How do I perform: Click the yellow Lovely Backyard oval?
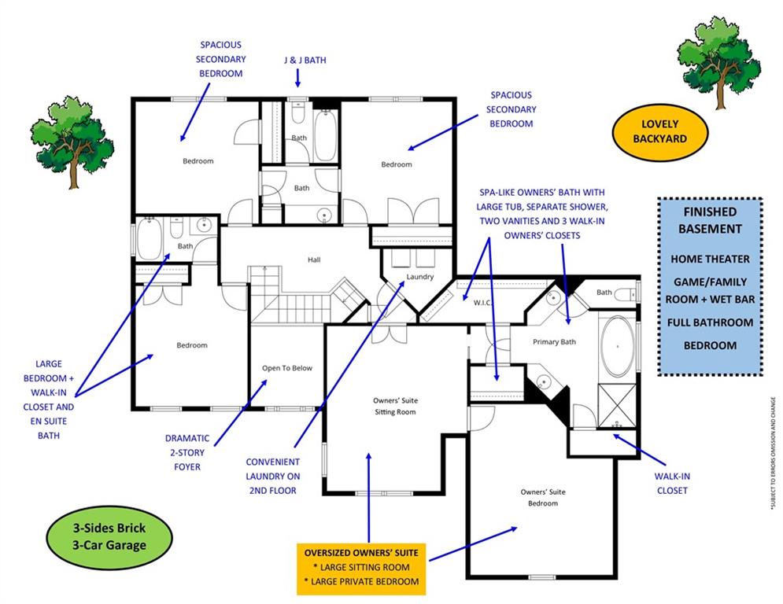coord(659,131)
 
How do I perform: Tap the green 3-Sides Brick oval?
coord(106,536)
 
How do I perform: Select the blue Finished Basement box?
coord(710,286)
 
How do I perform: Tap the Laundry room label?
coord(419,277)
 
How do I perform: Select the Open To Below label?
coord(287,368)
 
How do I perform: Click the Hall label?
coord(313,260)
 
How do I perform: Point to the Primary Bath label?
coord(554,341)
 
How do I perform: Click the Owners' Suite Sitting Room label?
coord(394,406)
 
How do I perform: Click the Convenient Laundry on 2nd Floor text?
coord(272,476)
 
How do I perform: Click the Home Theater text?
coord(710,259)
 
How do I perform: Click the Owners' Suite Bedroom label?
coord(542,497)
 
